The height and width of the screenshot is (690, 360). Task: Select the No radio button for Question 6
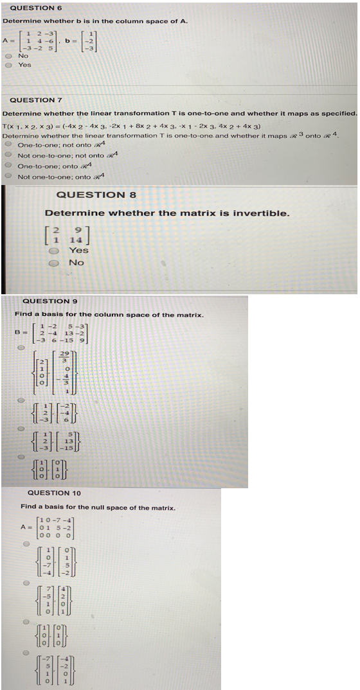8,56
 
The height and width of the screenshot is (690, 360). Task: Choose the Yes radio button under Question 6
8,65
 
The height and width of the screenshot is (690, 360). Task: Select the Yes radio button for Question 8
56,251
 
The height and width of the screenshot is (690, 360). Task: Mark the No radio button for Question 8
56,262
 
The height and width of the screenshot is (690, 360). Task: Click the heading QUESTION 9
50,301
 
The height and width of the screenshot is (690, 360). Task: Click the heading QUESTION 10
55,493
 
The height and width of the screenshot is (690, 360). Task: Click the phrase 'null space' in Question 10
113,508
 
